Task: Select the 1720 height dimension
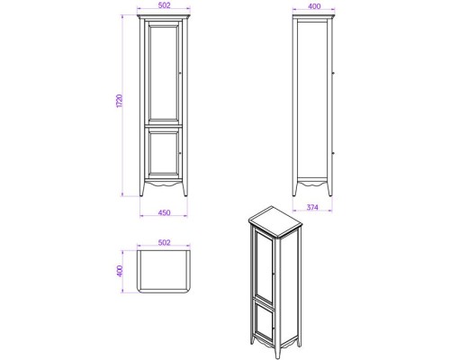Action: (x=120, y=104)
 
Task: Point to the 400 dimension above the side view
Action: (x=313, y=7)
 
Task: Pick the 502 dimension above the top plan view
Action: (x=164, y=242)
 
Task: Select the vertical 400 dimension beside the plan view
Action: (x=120, y=272)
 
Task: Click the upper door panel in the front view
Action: (x=163, y=73)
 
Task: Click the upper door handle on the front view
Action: (x=182, y=73)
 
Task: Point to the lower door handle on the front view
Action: (x=182, y=153)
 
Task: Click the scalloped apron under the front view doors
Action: (x=163, y=184)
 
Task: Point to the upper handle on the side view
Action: (x=335, y=73)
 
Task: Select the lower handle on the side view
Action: (x=335, y=153)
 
